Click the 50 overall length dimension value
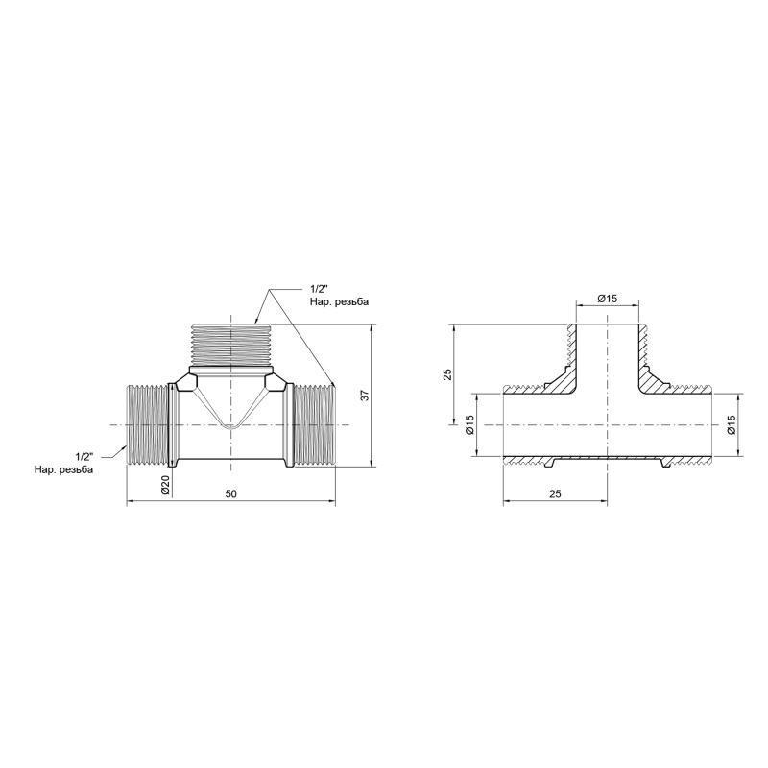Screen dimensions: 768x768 point(230,493)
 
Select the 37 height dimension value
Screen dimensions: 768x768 point(366,396)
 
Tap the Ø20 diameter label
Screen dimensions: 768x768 point(165,485)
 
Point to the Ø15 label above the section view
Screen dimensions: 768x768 point(608,299)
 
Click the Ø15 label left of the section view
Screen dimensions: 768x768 point(469,424)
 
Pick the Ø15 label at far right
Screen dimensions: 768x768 point(732,424)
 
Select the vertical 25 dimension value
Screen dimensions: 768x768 point(447,374)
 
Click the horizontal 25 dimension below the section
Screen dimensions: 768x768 point(555,493)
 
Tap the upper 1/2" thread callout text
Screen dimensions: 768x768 point(319,288)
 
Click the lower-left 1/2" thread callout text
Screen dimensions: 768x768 point(84,457)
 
